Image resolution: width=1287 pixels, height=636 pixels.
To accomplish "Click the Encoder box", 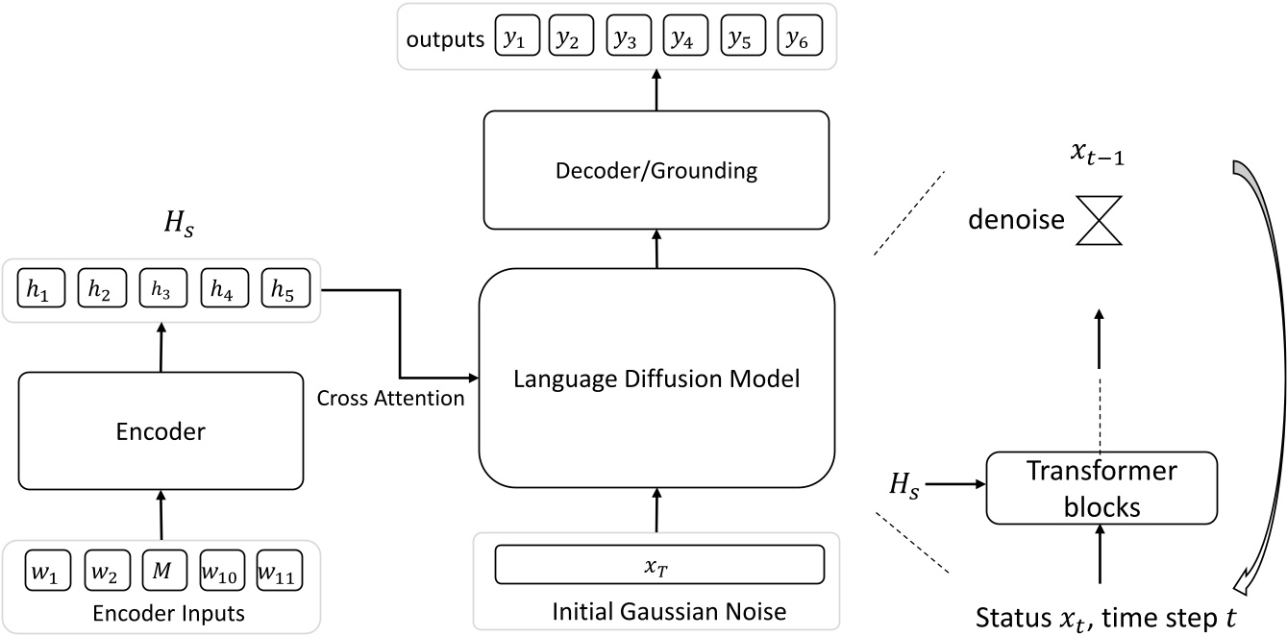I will point(161,431).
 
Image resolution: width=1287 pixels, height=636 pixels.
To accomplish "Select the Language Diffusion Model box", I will point(656,379).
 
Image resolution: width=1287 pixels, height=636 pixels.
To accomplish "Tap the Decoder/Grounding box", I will point(656,171).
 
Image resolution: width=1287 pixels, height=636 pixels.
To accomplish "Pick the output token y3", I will point(625,37).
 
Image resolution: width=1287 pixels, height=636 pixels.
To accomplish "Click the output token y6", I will point(793,37).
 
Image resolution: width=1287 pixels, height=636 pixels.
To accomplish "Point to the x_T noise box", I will point(659,564).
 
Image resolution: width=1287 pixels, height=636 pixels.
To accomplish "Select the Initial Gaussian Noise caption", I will point(656,610).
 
